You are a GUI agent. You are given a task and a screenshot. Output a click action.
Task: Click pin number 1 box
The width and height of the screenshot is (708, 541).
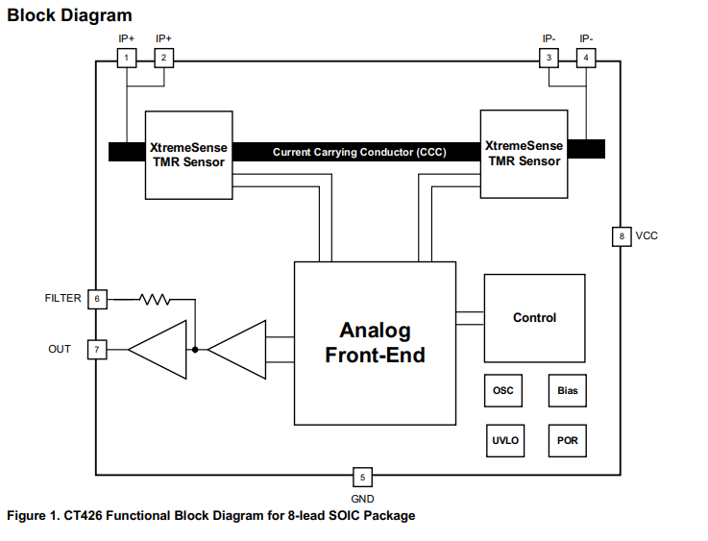(x=126, y=59)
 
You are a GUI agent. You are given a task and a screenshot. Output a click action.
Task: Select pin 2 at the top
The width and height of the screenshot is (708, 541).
(x=163, y=59)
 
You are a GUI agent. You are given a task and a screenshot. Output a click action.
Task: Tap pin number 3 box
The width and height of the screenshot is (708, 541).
(x=549, y=59)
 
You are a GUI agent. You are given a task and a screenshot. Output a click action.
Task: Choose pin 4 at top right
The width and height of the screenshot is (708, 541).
(x=586, y=59)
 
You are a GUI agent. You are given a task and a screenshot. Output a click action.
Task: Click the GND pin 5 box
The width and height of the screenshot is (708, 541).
(x=362, y=477)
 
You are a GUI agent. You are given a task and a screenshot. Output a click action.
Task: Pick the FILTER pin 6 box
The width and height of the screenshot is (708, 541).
(x=97, y=299)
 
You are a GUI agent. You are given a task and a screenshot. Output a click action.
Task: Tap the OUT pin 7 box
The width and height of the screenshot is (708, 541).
(x=97, y=349)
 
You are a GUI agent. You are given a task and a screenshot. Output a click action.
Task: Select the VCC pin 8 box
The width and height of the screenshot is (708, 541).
(x=622, y=235)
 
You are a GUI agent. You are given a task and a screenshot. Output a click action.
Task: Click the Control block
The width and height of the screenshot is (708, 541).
(x=534, y=318)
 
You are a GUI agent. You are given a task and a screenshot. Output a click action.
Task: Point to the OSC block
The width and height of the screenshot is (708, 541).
(x=503, y=391)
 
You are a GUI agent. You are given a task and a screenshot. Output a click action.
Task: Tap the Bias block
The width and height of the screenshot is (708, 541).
(x=568, y=391)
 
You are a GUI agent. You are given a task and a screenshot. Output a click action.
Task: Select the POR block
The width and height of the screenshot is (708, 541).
(x=568, y=441)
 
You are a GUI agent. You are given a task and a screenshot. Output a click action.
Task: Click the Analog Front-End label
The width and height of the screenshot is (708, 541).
(x=375, y=343)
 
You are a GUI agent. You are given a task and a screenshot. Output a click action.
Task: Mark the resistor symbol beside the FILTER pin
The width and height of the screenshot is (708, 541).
(x=155, y=299)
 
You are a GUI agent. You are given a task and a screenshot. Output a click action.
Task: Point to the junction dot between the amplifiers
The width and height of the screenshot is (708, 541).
(x=195, y=349)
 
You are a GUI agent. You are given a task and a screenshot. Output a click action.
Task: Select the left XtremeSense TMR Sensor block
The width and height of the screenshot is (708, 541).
(x=187, y=155)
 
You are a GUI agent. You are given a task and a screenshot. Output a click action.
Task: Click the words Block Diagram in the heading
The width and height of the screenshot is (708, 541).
(x=70, y=16)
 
